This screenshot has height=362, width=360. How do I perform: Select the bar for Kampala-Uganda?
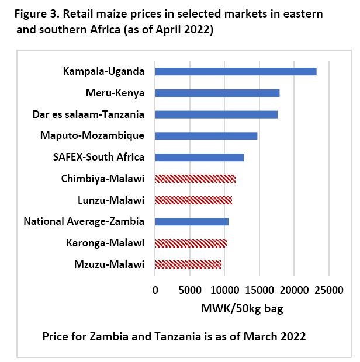click(x=236, y=71)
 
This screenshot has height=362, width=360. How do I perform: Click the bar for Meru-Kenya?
click(x=217, y=93)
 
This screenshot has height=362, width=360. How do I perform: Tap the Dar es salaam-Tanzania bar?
click(x=216, y=114)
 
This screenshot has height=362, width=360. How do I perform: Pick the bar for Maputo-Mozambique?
click(x=206, y=135)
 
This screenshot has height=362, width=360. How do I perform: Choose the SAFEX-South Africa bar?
click(x=199, y=157)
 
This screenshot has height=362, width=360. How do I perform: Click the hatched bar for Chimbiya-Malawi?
click(x=195, y=179)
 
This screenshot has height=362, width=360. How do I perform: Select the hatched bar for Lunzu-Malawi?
click(x=193, y=200)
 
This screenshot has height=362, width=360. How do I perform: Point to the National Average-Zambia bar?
click(x=192, y=221)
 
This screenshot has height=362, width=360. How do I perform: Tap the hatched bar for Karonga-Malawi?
click(x=191, y=243)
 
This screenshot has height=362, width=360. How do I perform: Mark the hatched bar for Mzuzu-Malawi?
click(x=188, y=264)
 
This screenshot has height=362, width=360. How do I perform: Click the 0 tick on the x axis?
click(x=155, y=289)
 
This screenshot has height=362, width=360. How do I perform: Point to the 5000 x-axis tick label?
click(x=189, y=289)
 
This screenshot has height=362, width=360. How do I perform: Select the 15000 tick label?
click(x=259, y=289)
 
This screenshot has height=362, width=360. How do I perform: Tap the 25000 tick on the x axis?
click(x=328, y=289)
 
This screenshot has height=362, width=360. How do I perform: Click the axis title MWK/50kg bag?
click(x=242, y=309)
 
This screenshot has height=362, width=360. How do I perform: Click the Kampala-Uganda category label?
click(x=103, y=72)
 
